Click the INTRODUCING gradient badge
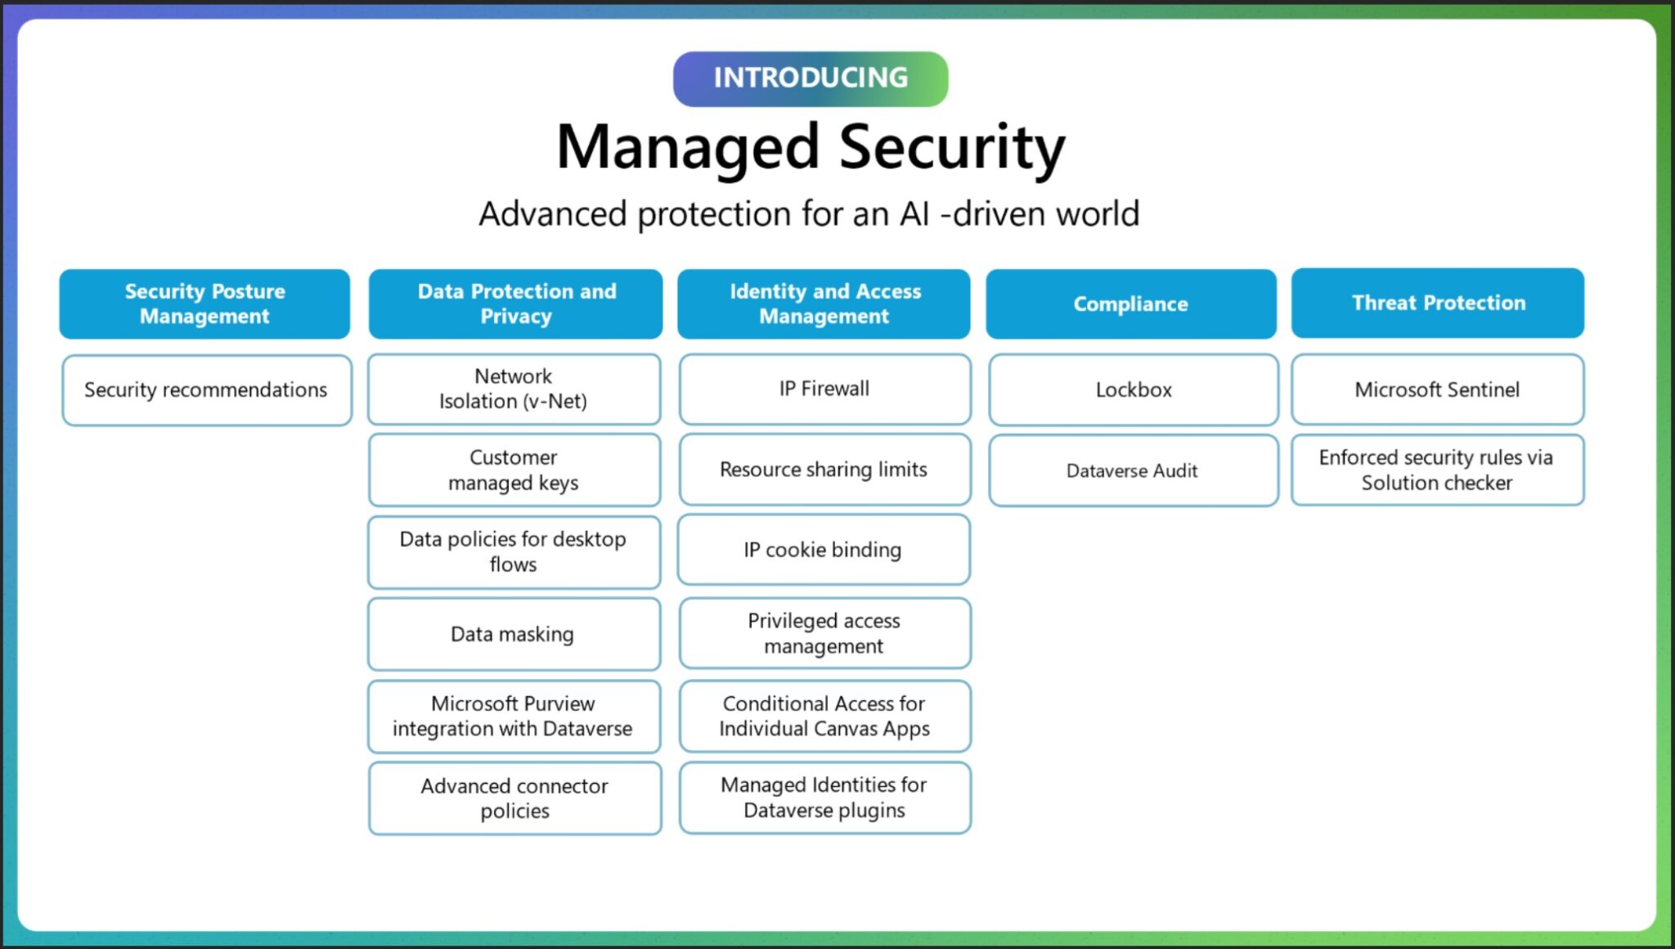tap(810, 79)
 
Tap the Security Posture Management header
tap(204, 304)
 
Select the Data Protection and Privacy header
tap(515, 304)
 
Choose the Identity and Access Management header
tap(824, 304)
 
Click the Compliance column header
tap(1130, 304)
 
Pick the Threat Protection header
tap(1437, 303)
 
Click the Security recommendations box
tap(206, 389)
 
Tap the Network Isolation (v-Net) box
tap(514, 389)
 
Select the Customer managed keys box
tap(514, 470)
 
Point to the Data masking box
tap(514, 634)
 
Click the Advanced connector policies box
tap(514, 798)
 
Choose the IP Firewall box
tap(824, 389)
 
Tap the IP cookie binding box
tap(823, 550)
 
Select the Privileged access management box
tap(824, 633)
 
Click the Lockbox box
tap(1133, 389)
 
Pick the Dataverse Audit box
tap(1133, 470)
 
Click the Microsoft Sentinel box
tap(1437, 389)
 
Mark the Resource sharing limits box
tap(824, 470)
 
